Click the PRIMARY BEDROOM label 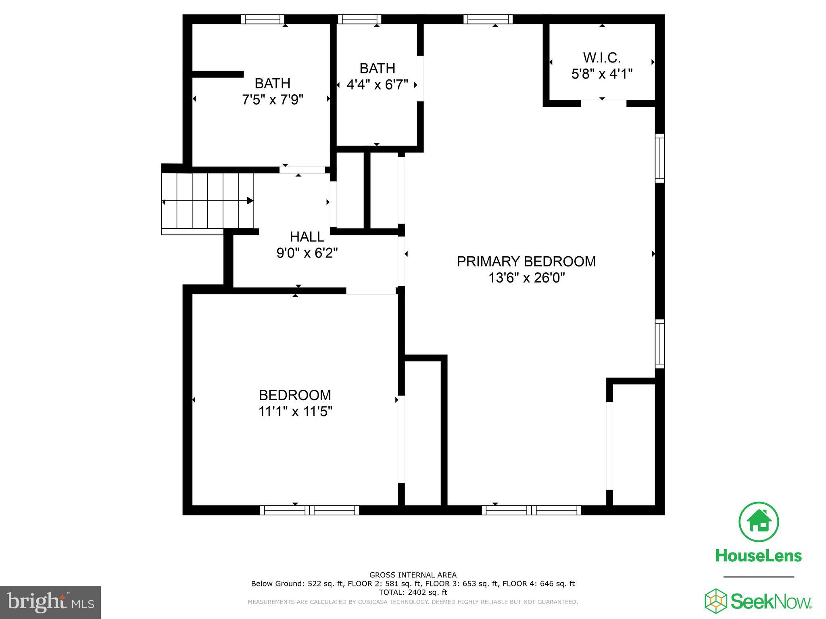click(x=526, y=262)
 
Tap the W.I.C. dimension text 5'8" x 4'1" click(x=602, y=74)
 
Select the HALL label click(x=307, y=237)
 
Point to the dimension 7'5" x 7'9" click(x=273, y=100)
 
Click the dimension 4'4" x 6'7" click(x=378, y=85)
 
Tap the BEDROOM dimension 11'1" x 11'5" click(x=295, y=411)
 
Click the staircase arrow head click(x=250, y=201)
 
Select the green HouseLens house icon click(x=759, y=522)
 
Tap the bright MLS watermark click(x=50, y=602)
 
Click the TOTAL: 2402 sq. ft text click(x=413, y=592)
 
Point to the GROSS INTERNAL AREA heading click(x=413, y=575)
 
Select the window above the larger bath click(x=263, y=19)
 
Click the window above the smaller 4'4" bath click(x=359, y=19)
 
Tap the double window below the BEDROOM click(x=309, y=510)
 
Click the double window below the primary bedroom click(x=531, y=510)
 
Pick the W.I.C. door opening click(x=603, y=103)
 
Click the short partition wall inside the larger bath click(x=218, y=74)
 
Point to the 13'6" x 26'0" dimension click(x=526, y=278)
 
